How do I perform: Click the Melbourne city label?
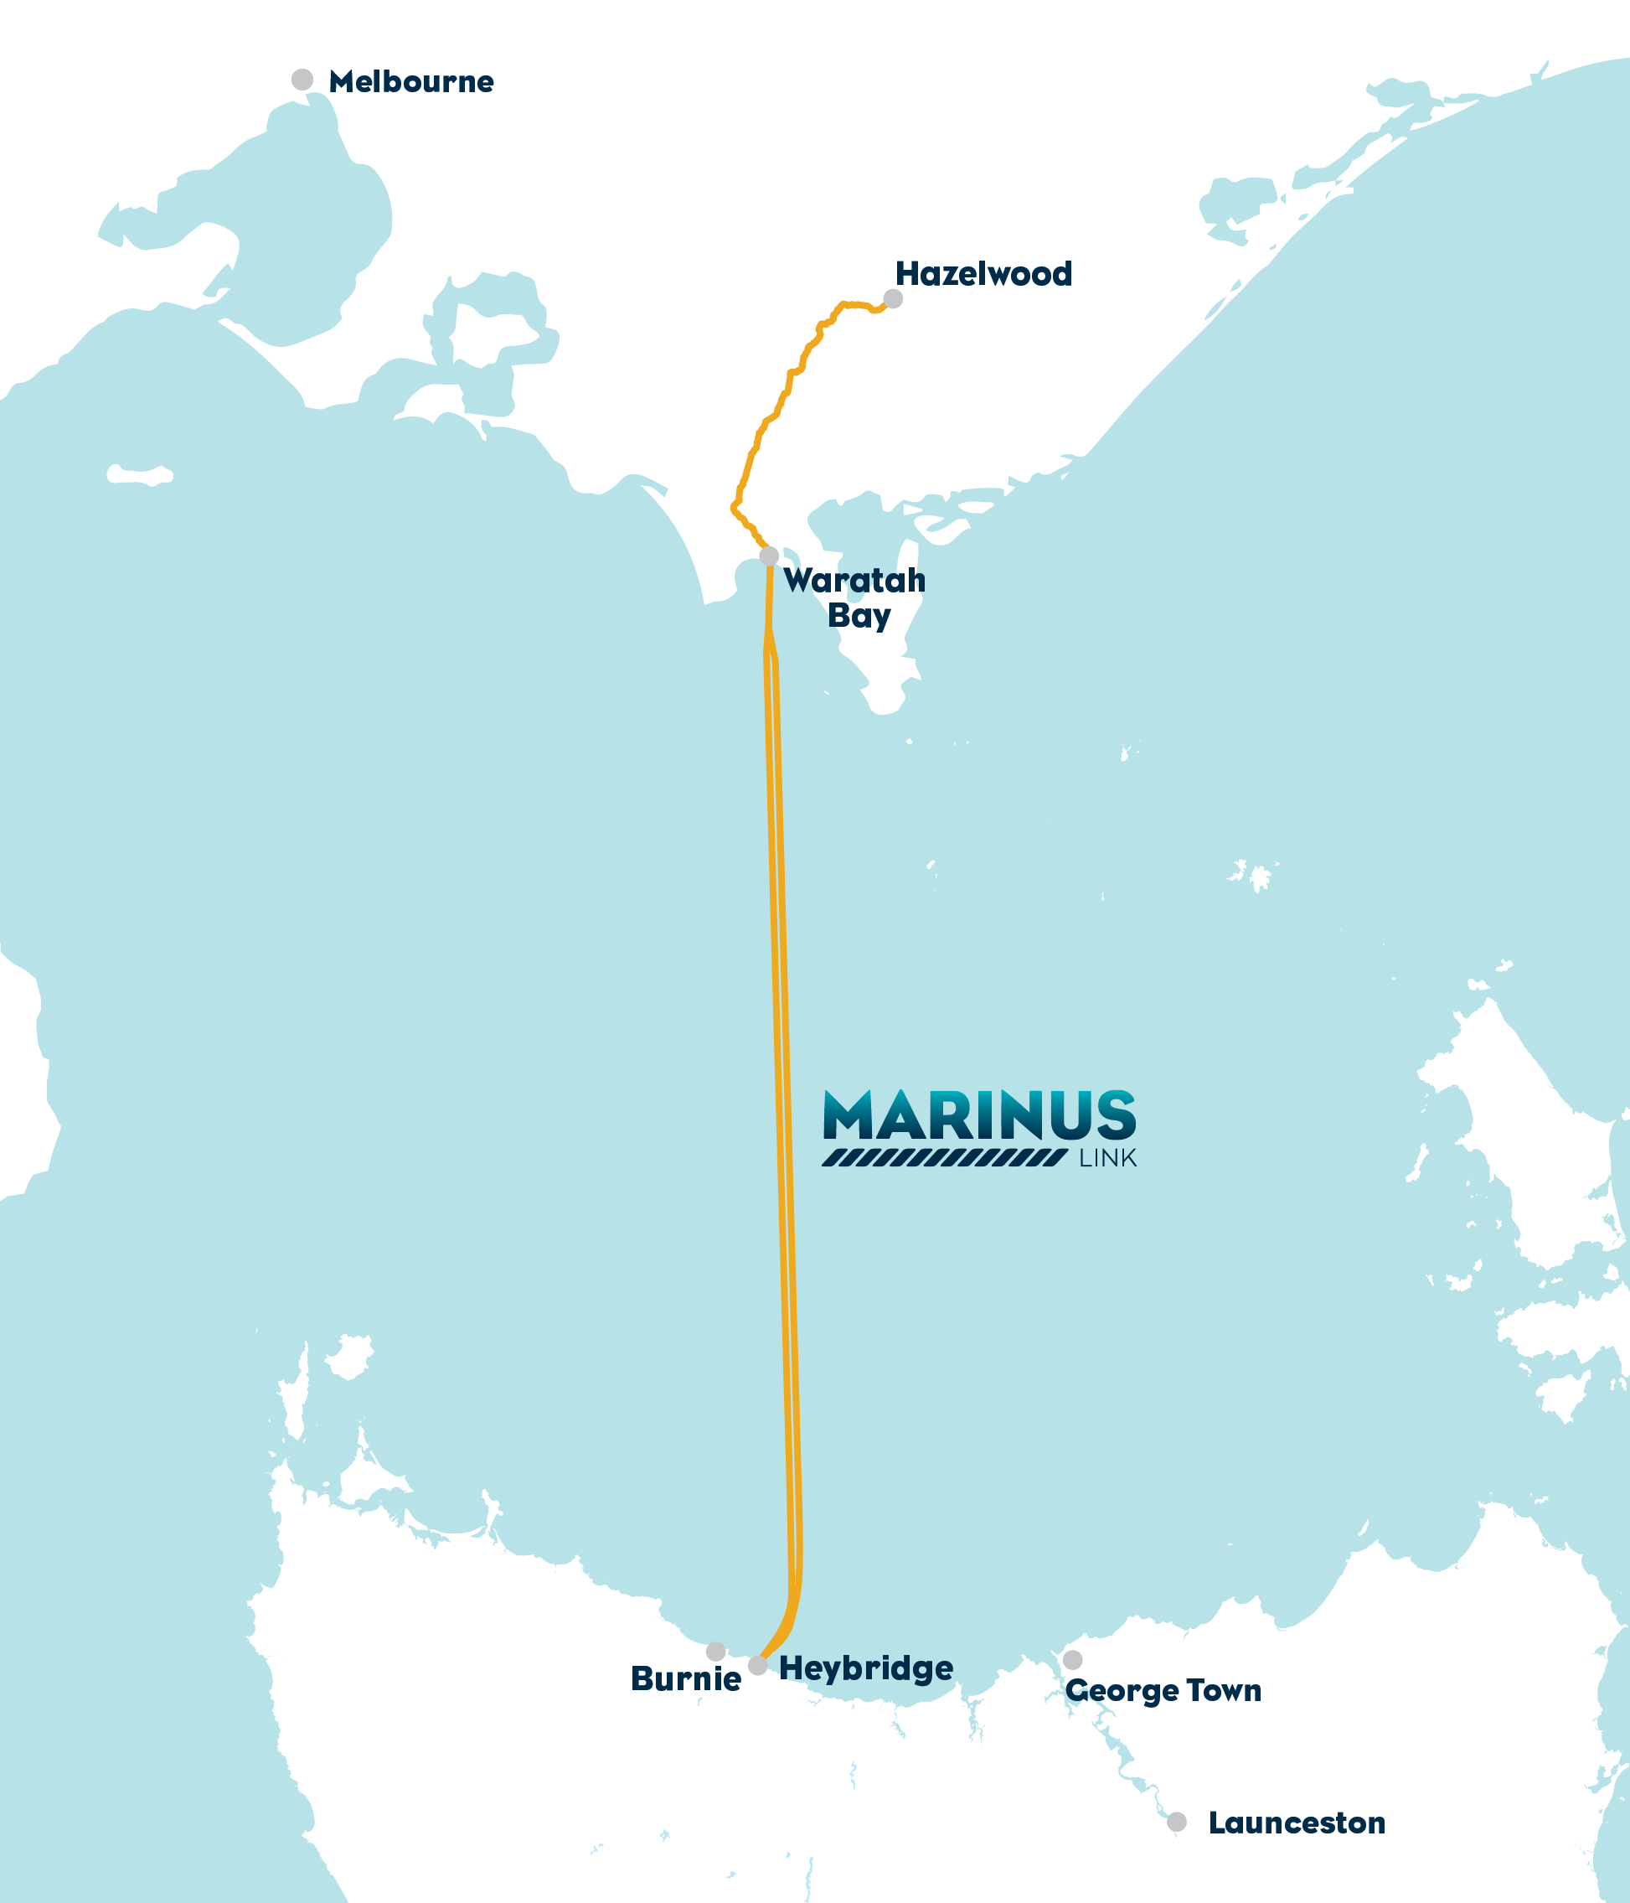coord(410,82)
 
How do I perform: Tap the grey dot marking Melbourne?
coord(302,80)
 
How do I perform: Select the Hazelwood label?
coord(983,274)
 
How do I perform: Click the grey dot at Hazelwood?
coord(893,298)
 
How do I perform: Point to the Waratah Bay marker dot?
coord(770,556)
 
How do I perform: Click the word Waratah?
coord(854,581)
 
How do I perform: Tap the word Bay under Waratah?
coord(859,616)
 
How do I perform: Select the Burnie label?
coord(685,1680)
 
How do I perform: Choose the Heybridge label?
coord(865,1668)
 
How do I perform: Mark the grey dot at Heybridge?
coord(757,1665)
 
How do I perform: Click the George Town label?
coord(1163,1690)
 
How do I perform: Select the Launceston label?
coord(1296,1823)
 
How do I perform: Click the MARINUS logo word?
coord(979,1115)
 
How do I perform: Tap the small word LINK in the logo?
coord(1107,1158)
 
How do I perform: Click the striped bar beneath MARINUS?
coord(944,1157)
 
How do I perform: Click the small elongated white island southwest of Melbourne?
coord(140,475)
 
